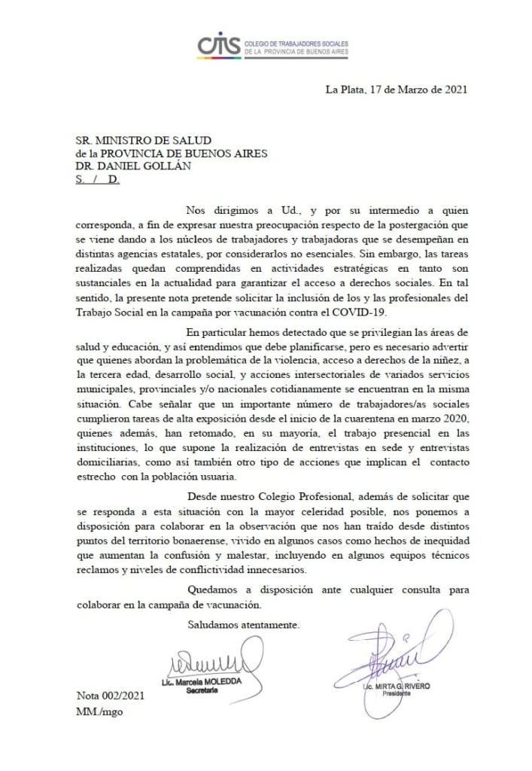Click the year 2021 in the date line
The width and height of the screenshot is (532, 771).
(454, 89)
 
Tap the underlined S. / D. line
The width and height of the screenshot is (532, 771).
(99, 181)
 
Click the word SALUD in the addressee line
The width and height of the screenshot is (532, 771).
(190, 139)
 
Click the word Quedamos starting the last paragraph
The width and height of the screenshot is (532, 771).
(211, 590)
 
